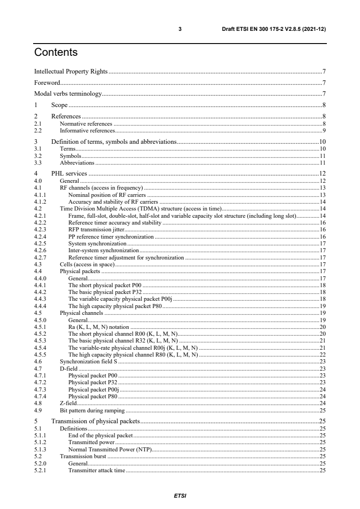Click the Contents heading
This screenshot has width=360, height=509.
[56, 53]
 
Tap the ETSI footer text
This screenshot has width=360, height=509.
[180, 495]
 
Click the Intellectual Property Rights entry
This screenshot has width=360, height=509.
[71, 71]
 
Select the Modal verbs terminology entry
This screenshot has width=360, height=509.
[69, 94]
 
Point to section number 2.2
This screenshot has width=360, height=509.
[38, 130]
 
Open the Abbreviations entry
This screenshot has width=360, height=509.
[77, 162]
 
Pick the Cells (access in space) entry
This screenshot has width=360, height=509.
[87, 264]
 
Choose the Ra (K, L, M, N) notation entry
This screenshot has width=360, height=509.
[99, 327]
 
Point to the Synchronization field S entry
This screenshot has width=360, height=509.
[89, 362]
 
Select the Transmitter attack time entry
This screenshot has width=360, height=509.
[96, 470]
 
